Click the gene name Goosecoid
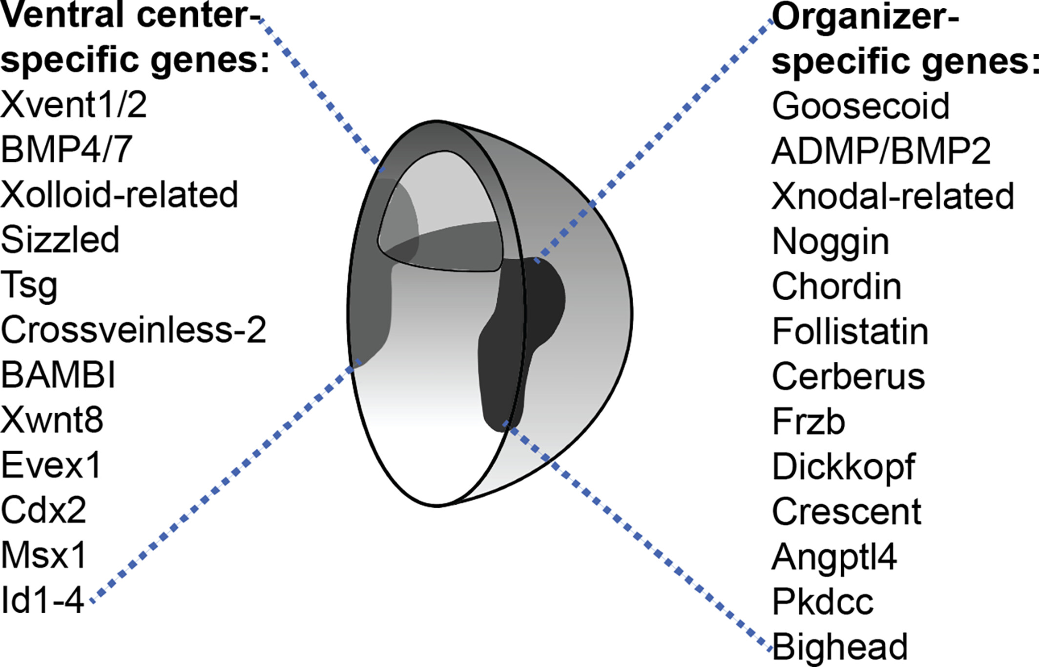(860, 106)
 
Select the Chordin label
(836, 287)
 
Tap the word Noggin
(831, 241)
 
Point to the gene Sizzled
(60, 240)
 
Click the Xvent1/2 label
(74, 104)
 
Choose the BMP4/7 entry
(66, 149)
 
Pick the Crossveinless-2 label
(133, 330)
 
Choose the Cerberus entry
(848, 377)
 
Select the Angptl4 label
(834, 557)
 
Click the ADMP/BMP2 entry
(881, 151)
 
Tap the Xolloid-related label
(119, 195)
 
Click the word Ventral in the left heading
(63, 16)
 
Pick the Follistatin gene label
(850, 332)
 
